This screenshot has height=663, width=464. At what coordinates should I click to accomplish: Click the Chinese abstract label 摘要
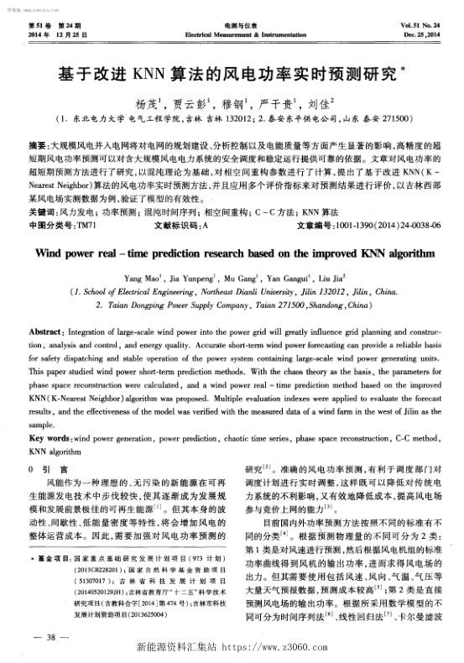click(x=37, y=145)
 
